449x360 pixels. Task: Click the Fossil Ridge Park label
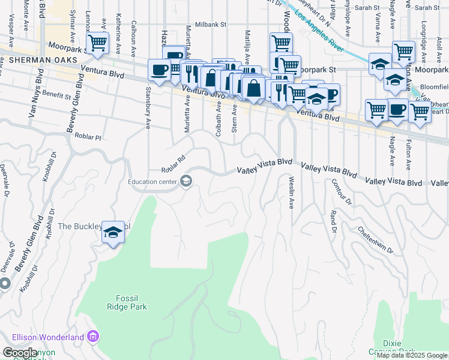coord(131,302)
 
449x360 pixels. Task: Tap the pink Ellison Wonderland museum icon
coord(92,337)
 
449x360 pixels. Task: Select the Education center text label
coord(152,181)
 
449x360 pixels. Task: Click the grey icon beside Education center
coord(186,181)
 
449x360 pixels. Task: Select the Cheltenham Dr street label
coord(375,239)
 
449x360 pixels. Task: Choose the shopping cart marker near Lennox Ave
coord(97,43)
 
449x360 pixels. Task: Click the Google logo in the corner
coord(20,353)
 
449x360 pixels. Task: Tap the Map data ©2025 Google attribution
coord(412,355)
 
